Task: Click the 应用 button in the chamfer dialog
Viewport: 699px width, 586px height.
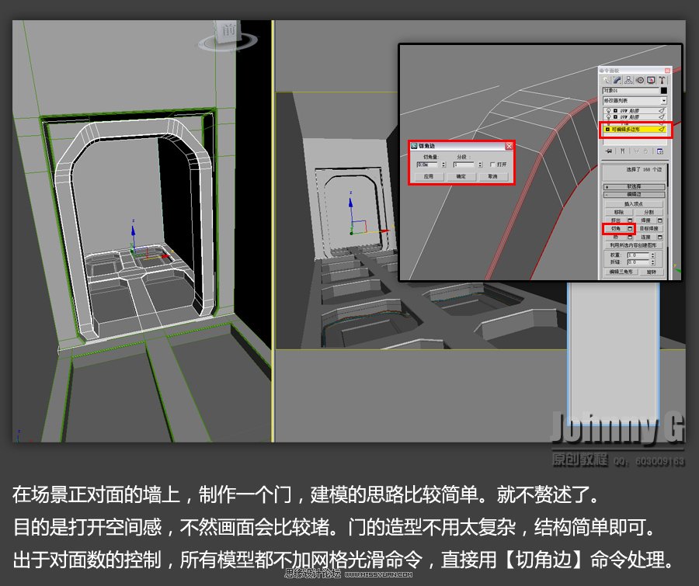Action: point(428,176)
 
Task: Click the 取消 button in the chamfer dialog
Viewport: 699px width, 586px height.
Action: point(492,176)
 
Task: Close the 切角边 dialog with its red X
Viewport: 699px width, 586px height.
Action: point(509,145)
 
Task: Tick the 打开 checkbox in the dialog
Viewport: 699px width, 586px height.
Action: point(492,165)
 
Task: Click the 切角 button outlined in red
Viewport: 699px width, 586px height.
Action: point(615,229)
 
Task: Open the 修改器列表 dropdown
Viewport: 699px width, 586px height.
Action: point(635,101)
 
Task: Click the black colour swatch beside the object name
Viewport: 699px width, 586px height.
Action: point(663,91)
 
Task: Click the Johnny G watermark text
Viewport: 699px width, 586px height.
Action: point(617,428)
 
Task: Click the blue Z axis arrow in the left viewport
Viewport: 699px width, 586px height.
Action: point(133,230)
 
